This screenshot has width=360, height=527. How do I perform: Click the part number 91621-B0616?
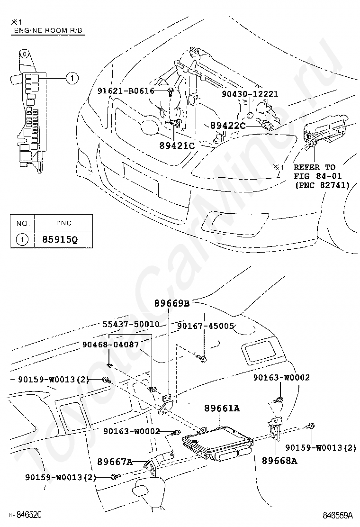pyautogui.click(x=126, y=91)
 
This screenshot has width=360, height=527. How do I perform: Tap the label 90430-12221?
pyautogui.click(x=250, y=94)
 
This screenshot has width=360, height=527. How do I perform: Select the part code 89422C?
pyautogui.click(x=228, y=126)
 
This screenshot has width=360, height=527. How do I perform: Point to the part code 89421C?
pyautogui.click(x=177, y=145)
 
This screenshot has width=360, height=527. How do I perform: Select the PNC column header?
pyautogui.click(x=63, y=223)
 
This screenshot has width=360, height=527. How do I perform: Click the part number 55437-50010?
pyautogui.click(x=131, y=325)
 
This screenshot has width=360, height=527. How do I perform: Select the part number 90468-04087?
pyautogui.click(x=111, y=345)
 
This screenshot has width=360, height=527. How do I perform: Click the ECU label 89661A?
pyautogui.click(x=222, y=408)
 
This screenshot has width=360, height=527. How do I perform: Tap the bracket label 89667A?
pyautogui.click(x=114, y=461)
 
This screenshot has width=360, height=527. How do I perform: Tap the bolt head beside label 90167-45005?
pyautogui.click(x=203, y=359)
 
